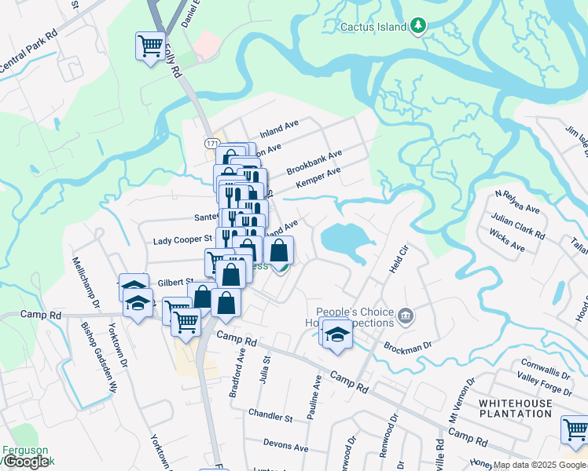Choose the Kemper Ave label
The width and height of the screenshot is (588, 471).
[x=318, y=177]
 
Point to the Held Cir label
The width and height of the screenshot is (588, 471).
[x=399, y=259]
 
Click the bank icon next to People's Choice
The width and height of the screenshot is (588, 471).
[x=405, y=316]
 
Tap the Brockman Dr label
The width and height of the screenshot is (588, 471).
[x=408, y=345]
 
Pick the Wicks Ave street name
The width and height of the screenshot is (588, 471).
[x=506, y=241]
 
